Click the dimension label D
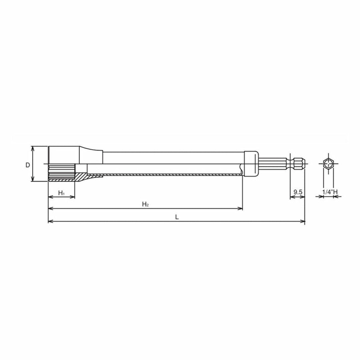pos(28,165)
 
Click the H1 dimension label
pos(61,193)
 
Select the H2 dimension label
pos(145,204)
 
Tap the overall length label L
pos(177,217)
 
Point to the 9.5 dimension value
pos(298,192)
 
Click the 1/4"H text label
pos(330,192)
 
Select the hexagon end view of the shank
pos(328,164)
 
